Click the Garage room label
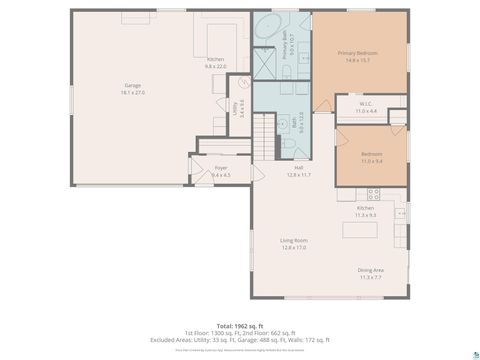[133, 85]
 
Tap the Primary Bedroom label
[360, 53]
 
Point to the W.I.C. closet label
[365, 105]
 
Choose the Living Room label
[293, 240]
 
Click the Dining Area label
[371, 270]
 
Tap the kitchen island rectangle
[361, 229]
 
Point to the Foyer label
[220, 169]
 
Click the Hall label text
[298, 168]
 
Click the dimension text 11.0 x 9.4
[371, 160]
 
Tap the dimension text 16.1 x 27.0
[133, 92]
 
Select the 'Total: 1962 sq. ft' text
[240, 326]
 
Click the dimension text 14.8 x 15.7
[360, 60]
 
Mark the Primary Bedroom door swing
[322, 104]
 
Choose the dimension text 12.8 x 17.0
[293, 247]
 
